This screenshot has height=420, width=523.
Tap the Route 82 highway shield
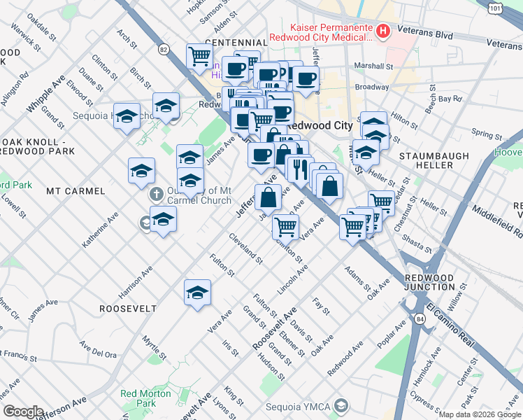[x=164, y=49]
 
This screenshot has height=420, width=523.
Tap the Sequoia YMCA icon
[x=341, y=405]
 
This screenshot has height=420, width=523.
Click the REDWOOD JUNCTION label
[x=429, y=282]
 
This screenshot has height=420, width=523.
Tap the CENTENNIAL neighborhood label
[x=236, y=43]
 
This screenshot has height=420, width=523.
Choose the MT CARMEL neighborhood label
[x=76, y=190]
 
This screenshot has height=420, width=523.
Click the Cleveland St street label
[x=245, y=249]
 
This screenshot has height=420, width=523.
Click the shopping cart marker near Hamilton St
[x=285, y=226]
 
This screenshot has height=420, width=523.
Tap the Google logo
[x=23, y=412]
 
